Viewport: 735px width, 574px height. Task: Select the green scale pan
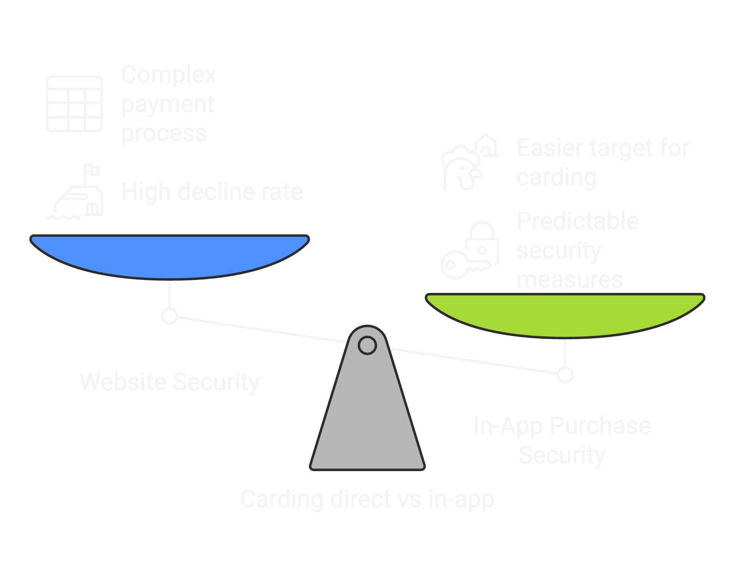(x=565, y=315)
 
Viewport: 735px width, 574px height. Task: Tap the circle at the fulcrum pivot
(x=367, y=345)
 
